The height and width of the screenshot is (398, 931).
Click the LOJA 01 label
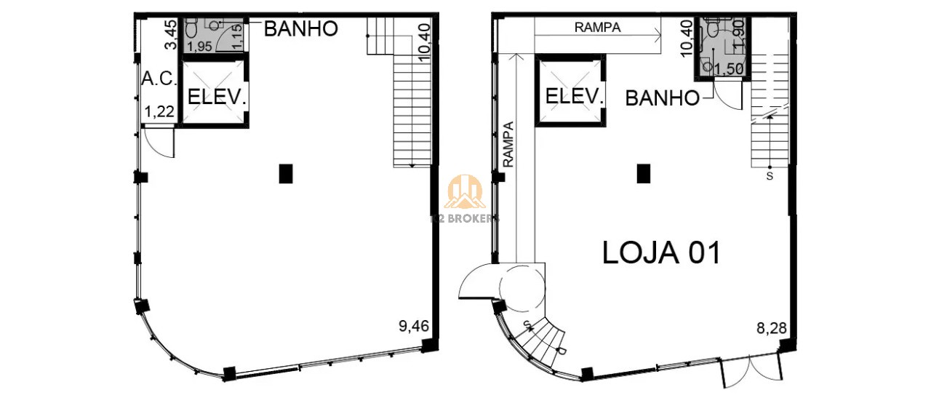coord(661,252)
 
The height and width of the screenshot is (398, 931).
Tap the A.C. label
coord(159,79)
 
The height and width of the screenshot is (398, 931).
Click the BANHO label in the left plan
coord(300,29)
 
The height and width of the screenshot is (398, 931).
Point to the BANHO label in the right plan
coord(662,97)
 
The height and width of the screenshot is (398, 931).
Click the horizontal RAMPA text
coord(597,28)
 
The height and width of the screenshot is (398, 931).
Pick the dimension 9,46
coord(413,326)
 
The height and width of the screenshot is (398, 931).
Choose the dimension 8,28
coord(771,329)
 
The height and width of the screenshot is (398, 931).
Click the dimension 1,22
coord(159,112)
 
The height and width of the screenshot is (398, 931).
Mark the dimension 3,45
coord(170,35)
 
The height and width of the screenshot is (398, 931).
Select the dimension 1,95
coord(201,47)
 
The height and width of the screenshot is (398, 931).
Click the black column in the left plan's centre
coord(286,173)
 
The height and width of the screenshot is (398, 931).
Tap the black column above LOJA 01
coord(643,173)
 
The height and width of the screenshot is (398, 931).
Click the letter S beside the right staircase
coord(770,175)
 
